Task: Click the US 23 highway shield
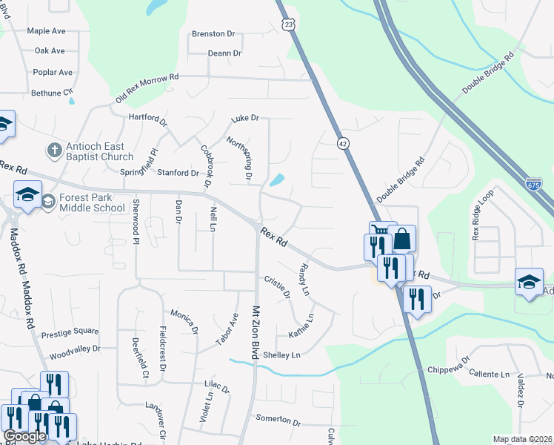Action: click(x=287, y=24)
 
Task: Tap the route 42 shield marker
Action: click(x=341, y=142)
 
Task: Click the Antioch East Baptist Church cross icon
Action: click(x=53, y=151)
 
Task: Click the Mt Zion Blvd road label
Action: click(x=257, y=334)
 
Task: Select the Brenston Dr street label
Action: click(x=213, y=34)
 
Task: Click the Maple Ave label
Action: click(x=46, y=31)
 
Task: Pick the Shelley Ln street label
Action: click(x=281, y=355)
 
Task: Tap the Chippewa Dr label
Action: click(x=447, y=369)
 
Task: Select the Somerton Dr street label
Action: click(x=278, y=420)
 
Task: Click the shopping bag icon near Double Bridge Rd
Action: click(x=402, y=240)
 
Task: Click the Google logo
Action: click(x=25, y=436)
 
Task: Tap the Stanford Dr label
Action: click(x=178, y=173)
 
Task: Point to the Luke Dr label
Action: click(x=245, y=118)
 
